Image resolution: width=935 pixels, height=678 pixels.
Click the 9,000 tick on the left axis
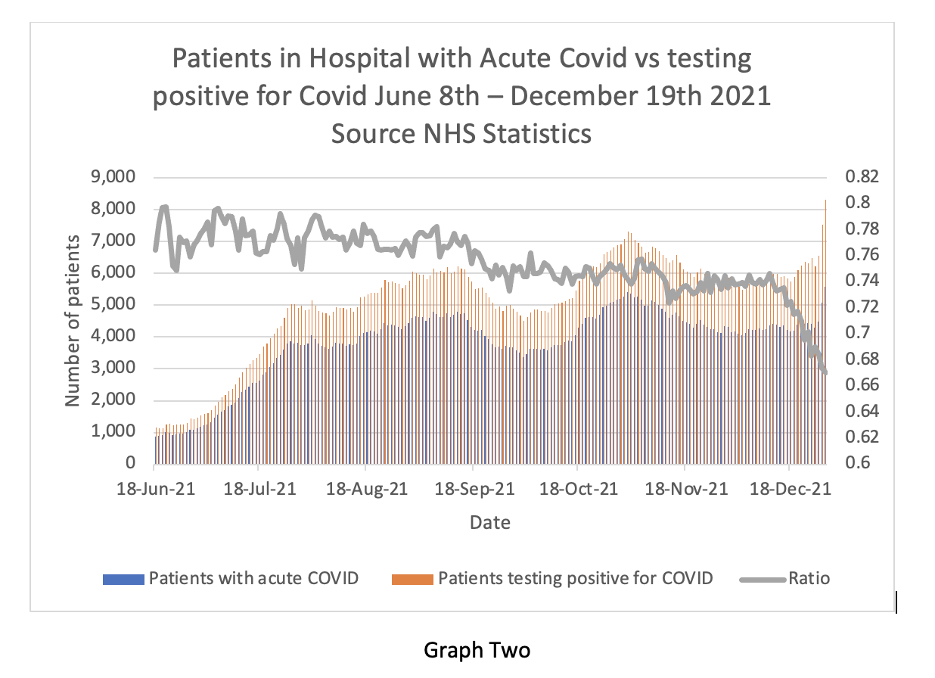pyautogui.click(x=115, y=178)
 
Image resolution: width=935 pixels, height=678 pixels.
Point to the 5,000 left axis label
pyautogui.click(x=115, y=305)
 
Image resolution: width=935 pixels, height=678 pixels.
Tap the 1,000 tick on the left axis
pyautogui.click(x=115, y=432)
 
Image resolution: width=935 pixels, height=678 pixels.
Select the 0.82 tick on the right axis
pyautogui.click(x=857, y=178)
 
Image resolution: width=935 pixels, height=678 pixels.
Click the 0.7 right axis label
pyautogui.click(x=852, y=333)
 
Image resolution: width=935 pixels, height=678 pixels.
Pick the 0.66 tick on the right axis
pyautogui.click(x=857, y=385)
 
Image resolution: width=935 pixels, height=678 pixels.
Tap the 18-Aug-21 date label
pyautogui.click(x=367, y=489)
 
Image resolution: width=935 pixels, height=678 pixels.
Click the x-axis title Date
pyautogui.click(x=489, y=522)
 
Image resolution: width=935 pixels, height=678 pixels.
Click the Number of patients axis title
pyautogui.click(x=73, y=320)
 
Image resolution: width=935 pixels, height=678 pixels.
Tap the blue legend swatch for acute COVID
pyautogui.click(x=123, y=580)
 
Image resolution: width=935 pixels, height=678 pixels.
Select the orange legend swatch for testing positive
pyautogui.click(x=412, y=580)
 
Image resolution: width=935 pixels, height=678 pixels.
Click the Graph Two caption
pyautogui.click(x=477, y=650)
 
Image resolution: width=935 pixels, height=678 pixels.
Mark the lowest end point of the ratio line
pyautogui.click(x=825, y=372)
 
